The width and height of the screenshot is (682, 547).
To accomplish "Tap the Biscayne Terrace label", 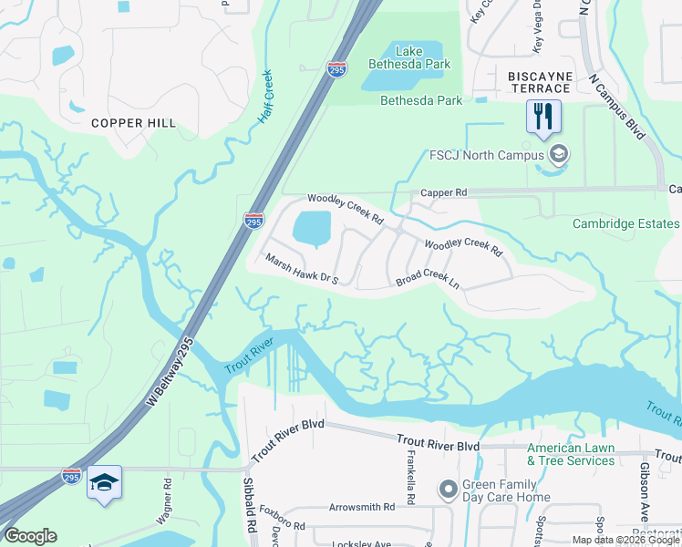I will pyautogui.click(x=540, y=88).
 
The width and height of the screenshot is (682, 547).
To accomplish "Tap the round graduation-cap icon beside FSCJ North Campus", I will pyautogui.click(x=558, y=154).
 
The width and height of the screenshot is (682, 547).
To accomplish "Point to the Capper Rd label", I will pyautogui.click(x=443, y=193).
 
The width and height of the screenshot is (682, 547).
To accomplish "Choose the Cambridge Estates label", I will pyautogui.click(x=625, y=223).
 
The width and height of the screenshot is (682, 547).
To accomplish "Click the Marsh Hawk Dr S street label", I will pyautogui.click(x=302, y=269).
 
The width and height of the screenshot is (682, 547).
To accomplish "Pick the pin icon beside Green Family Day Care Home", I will pyautogui.click(x=448, y=490).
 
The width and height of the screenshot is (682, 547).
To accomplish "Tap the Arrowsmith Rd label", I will pyautogui.click(x=362, y=506).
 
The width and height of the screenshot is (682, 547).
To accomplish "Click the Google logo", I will pyautogui.click(x=30, y=536).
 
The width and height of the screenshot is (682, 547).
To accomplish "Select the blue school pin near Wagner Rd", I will pyautogui.click(x=104, y=482).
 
